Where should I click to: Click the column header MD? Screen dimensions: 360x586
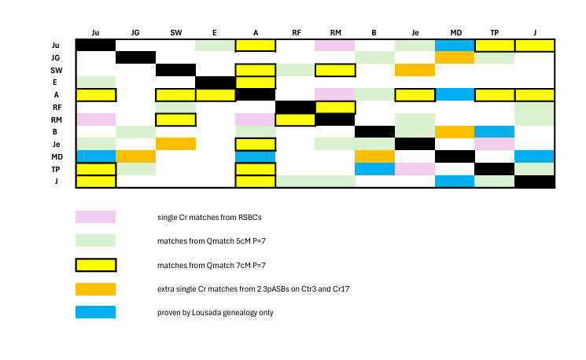click(x=455, y=32)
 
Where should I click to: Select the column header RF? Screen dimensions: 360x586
click(x=296, y=32)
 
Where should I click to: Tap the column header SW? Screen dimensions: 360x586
click(x=176, y=32)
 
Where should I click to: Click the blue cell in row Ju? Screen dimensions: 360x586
click(x=455, y=45)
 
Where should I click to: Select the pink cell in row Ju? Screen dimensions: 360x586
click(x=336, y=45)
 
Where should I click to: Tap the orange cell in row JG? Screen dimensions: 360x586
click(x=455, y=57)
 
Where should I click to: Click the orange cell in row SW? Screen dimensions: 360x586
click(x=415, y=70)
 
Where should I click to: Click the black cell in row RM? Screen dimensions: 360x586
click(x=336, y=119)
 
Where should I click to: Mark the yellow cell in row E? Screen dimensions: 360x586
click(x=256, y=83)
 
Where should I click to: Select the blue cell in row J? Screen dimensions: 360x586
click(x=455, y=182)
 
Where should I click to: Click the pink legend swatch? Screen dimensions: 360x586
click(x=95, y=217)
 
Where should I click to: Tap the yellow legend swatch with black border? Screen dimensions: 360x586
click(x=95, y=265)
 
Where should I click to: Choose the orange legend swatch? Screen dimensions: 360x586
click(x=95, y=288)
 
